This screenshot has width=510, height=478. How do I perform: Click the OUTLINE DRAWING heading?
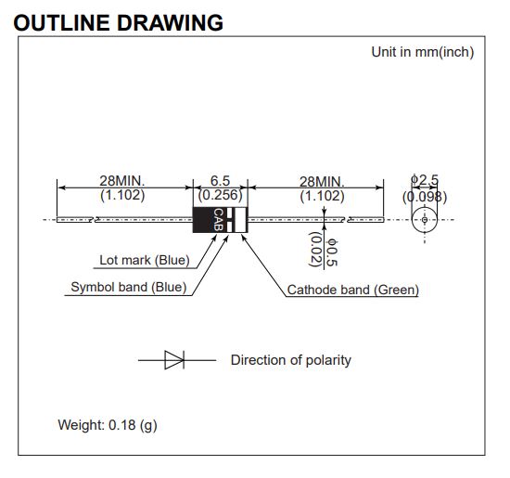[x=119, y=23]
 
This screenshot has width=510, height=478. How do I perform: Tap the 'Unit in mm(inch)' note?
[x=423, y=52]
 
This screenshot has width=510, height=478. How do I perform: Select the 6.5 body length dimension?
[x=220, y=181]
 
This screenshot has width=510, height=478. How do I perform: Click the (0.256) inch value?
[x=220, y=195]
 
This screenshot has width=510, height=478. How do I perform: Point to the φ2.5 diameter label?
[x=425, y=179]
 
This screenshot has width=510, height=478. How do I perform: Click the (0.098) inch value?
[x=425, y=197]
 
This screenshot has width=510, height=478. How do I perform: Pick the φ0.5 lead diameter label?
[x=332, y=252]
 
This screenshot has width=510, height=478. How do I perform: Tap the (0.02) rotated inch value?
[x=315, y=249]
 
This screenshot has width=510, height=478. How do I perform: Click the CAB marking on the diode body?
[x=218, y=220]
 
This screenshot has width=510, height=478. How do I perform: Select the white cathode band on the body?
[x=240, y=220]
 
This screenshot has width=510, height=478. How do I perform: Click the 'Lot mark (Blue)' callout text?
[x=145, y=260]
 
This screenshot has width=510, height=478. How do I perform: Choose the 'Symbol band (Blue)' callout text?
[x=129, y=287]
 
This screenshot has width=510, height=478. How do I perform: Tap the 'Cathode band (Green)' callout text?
[x=353, y=290]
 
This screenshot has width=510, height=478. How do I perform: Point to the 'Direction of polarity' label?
[x=291, y=360]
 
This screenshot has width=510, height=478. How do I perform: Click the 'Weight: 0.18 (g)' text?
[x=108, y=425]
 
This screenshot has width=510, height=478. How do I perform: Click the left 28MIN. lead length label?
[x=122, y=180]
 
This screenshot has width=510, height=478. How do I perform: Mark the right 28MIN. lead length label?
[x=322, y=182]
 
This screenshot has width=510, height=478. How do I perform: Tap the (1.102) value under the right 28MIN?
[x=322, y=197]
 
